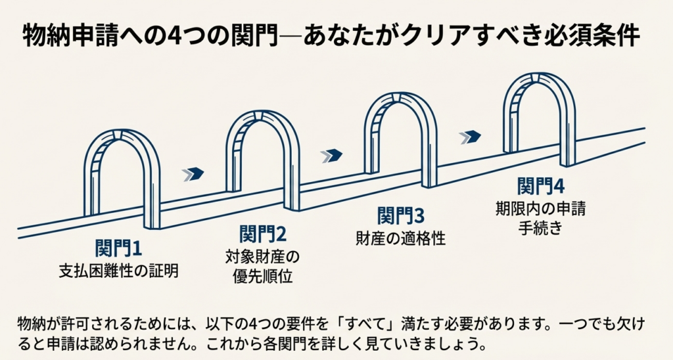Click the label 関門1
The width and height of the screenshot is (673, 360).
point(118,249)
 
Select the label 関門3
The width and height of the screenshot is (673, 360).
point(401,215)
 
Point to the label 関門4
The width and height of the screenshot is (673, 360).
point(540,186)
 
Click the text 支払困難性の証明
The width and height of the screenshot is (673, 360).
point(118,269)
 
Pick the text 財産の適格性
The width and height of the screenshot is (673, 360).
point(401,237)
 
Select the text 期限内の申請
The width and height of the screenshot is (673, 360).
point(540,210)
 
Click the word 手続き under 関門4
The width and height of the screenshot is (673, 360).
point(540,230)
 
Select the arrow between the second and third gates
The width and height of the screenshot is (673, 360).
point(332,155)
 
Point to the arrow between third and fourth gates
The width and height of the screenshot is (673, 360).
point(470,136)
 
